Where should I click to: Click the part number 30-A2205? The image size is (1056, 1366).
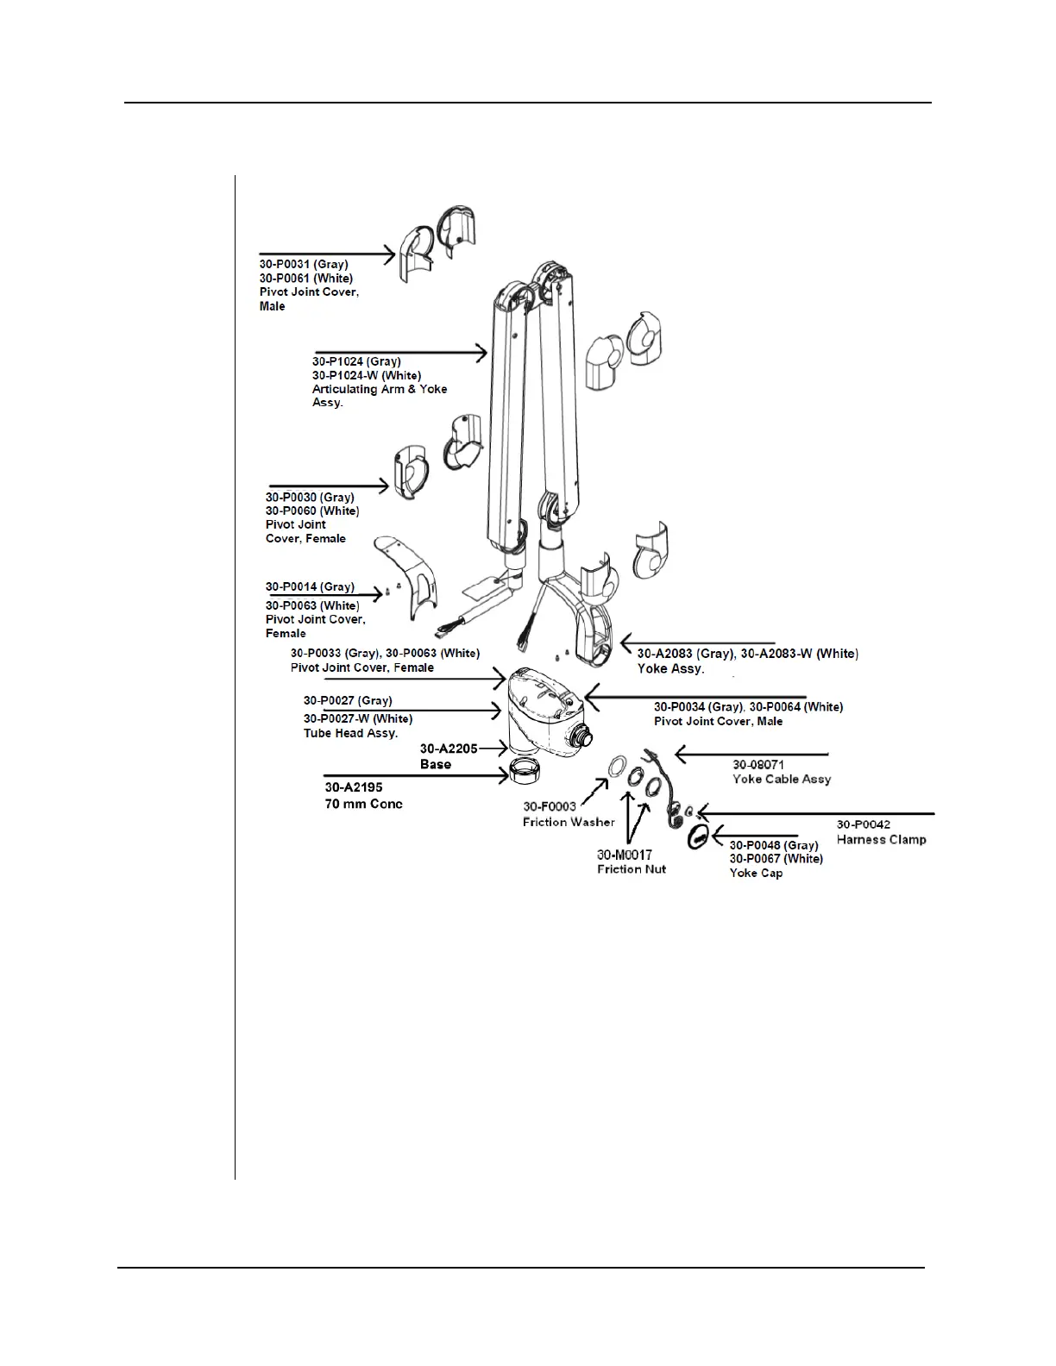449,749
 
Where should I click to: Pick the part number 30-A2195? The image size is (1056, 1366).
354,787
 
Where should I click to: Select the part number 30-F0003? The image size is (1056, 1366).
550,807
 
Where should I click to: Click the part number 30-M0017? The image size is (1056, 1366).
625,855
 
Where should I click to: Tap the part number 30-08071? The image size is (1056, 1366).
758,765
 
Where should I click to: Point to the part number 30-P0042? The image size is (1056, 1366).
864,825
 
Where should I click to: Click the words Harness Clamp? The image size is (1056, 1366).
881,840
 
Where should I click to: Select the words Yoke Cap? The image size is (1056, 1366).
756,874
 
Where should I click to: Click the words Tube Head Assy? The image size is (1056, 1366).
350,734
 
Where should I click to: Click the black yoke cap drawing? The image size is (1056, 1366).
698,835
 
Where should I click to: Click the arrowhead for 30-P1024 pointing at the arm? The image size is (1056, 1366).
483,351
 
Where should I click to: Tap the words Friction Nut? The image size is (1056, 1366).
632,869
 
